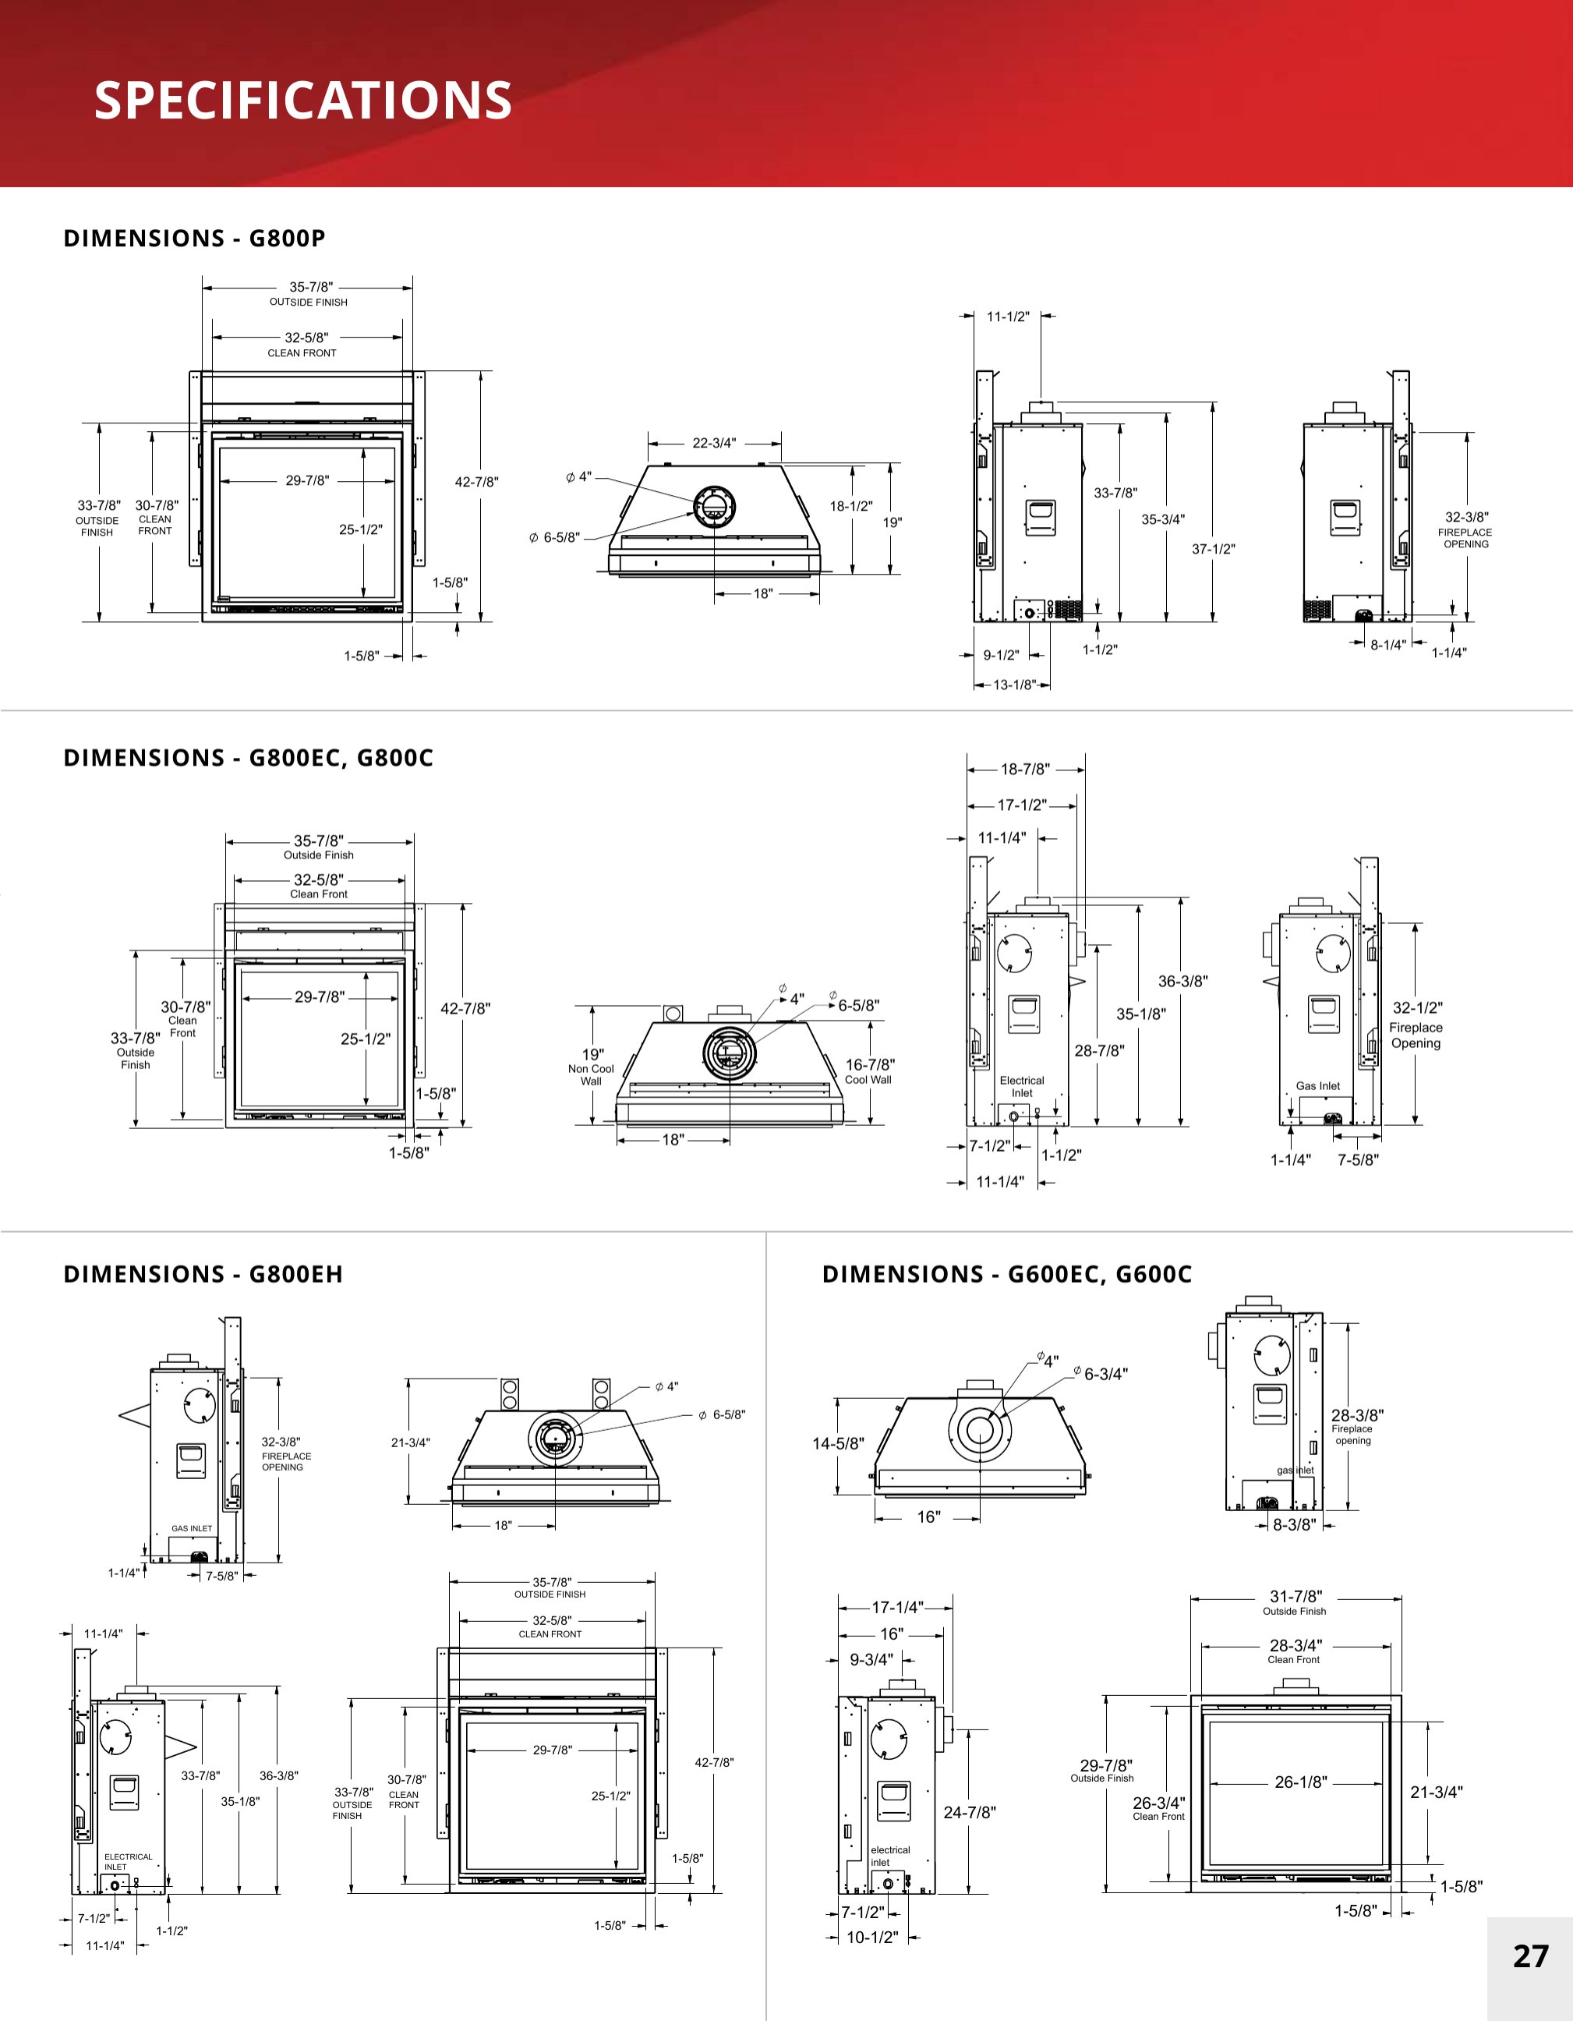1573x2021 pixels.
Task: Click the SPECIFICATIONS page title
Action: pos(302,100)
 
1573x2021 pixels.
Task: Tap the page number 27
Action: pos(1529,1956)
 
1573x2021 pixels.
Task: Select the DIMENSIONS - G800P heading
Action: pos(194,239)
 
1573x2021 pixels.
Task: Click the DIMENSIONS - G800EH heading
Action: pos(203,1274)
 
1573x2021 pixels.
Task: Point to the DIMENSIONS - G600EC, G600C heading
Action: pos(1007,1274)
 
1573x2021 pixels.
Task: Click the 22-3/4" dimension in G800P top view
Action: pos(714,443)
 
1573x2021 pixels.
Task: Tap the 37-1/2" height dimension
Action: pos(1213,549)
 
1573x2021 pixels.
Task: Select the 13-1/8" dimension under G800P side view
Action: pos(1014,685)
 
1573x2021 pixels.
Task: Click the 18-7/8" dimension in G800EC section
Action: pos(1024,769)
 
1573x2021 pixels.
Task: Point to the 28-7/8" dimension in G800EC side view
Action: pos(1099,1050)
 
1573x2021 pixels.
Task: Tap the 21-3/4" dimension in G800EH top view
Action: pos(410,1442)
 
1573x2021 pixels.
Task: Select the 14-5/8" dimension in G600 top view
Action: pos(838,1443)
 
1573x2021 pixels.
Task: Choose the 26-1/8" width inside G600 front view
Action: pos(1300,1782)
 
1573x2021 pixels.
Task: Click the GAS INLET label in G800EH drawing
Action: pos(192,1529)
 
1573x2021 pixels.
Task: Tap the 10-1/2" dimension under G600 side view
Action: pos(871,1937)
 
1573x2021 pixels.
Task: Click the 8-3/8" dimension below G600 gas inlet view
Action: pos(1294,1524)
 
